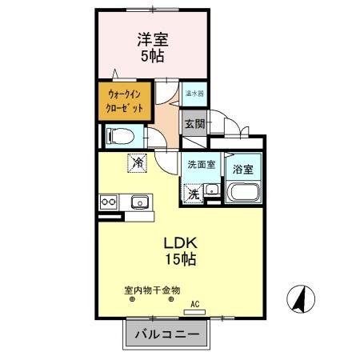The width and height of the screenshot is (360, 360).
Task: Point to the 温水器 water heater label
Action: pos(193,93)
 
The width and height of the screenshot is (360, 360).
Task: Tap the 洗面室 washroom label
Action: pos(200,164)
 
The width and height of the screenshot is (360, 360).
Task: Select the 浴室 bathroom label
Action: pos(243,169)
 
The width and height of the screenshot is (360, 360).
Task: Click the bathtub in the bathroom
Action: pos(243,193)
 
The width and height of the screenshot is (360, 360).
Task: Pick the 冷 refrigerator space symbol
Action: pos(138,162)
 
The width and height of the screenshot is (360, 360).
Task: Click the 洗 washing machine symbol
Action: pos(194,193)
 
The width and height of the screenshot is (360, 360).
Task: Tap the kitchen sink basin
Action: pos(141,202)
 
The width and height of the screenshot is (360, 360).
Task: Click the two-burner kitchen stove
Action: pos(109,202)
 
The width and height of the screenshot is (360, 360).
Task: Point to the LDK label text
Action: pos(180,242)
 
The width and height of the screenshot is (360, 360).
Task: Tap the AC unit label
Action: pos(193,305)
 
